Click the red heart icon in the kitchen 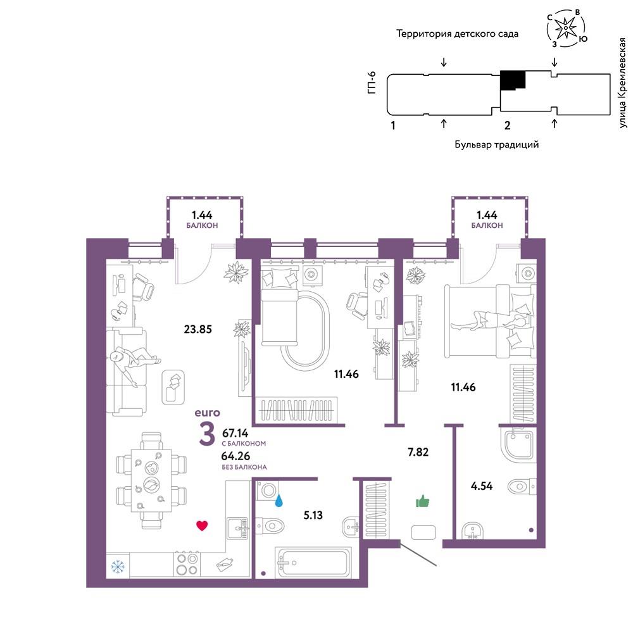[202, 525]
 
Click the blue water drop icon [279, 501]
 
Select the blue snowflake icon [118, 567]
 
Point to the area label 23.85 [197, 329]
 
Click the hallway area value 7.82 [418, 452]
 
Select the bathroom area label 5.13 [313, 515]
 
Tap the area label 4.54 [482, 486]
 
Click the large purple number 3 [207, 435]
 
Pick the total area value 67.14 [235, 433]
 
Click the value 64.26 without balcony [235, 456]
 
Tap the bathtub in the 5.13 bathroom [313, 561]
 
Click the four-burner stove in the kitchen [187, 564]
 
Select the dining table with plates [151, 480]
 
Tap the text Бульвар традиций [496, 144]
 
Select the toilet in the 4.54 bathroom [521, 486]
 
